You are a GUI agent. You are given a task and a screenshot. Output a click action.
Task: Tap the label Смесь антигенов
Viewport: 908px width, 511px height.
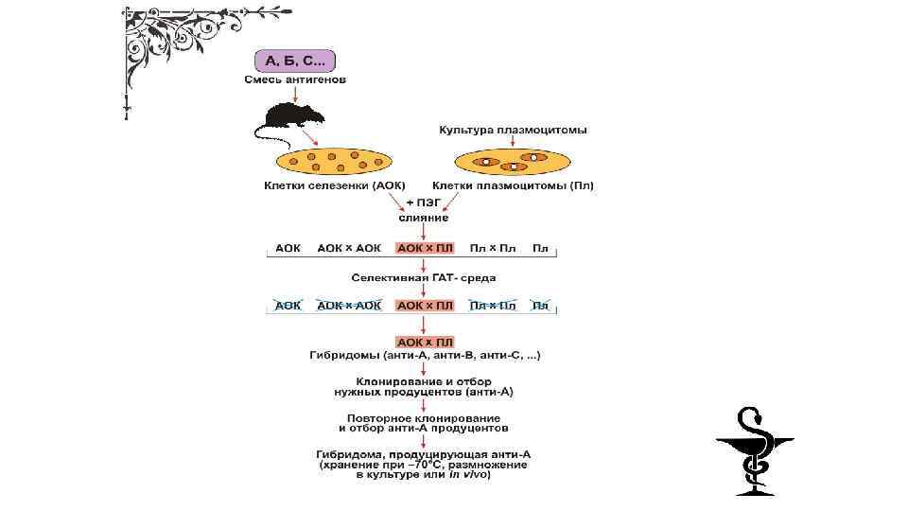[x=295, y=80]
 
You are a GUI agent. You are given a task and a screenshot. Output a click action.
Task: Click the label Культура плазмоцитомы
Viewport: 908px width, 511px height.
[x=513, y=130]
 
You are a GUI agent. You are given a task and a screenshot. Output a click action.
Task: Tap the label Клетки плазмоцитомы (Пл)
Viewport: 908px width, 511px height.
[x=514, y=186]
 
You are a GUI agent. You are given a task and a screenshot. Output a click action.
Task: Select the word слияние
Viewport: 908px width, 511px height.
[x=423, y=218]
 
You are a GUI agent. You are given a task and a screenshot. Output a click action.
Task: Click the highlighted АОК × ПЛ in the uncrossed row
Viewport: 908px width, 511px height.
[x=425, y=248]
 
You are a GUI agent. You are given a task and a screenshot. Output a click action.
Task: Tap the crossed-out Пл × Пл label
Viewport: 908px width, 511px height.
[x=494, y=306]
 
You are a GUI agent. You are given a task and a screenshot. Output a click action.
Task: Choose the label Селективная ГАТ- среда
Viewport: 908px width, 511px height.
[x=423, y=278]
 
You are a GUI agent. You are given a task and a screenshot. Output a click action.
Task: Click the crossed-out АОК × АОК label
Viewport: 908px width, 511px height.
[x=349, y=306]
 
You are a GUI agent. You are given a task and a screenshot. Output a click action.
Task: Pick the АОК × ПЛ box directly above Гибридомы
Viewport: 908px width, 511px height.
[x=425, y=342]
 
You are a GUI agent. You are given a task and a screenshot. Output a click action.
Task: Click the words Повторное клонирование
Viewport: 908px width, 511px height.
[x=423, y=416]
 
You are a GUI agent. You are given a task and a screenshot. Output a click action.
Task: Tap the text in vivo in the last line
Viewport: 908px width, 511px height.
[x=470, y=474]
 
